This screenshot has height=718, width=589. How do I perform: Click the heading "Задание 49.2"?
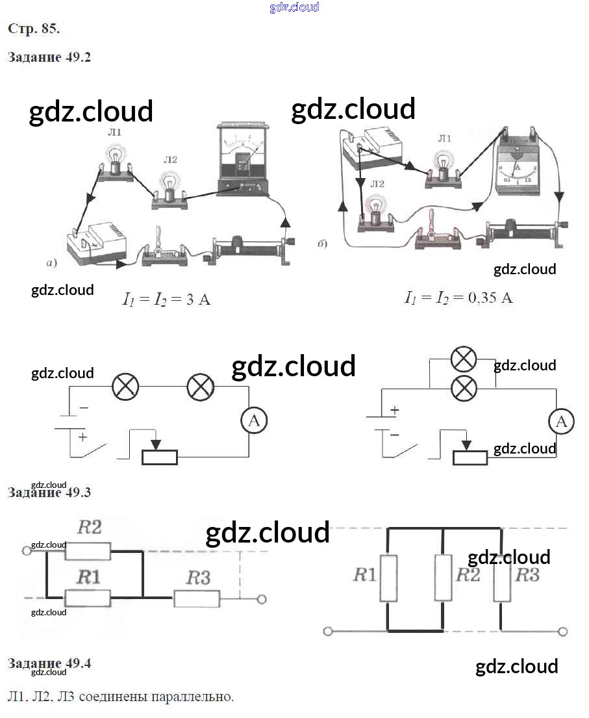coord(49,57)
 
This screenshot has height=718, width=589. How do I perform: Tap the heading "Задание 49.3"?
coord(49,493)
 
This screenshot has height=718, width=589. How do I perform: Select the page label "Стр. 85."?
coord(34,29)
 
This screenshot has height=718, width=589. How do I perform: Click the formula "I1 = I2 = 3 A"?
coord(167,300)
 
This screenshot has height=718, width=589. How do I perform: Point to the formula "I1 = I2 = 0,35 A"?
coord(458,298)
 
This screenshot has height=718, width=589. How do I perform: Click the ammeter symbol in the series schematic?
coord(254,421)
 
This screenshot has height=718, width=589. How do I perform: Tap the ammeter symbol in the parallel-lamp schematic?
coord(561,422)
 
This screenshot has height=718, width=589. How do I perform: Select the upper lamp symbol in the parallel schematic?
coord(464,359)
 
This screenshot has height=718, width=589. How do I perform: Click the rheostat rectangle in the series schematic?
coord(160,456)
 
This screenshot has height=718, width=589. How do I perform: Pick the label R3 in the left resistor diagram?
coord(198,578)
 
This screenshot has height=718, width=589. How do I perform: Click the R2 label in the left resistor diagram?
coord(90,527)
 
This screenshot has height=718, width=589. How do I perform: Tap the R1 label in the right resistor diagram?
coord(364,574)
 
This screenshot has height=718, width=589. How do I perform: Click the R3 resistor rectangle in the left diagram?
coord(197,598)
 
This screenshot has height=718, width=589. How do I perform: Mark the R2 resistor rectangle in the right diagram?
coord(444,577)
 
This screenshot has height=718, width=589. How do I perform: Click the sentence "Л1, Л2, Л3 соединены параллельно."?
coord(121,697)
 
